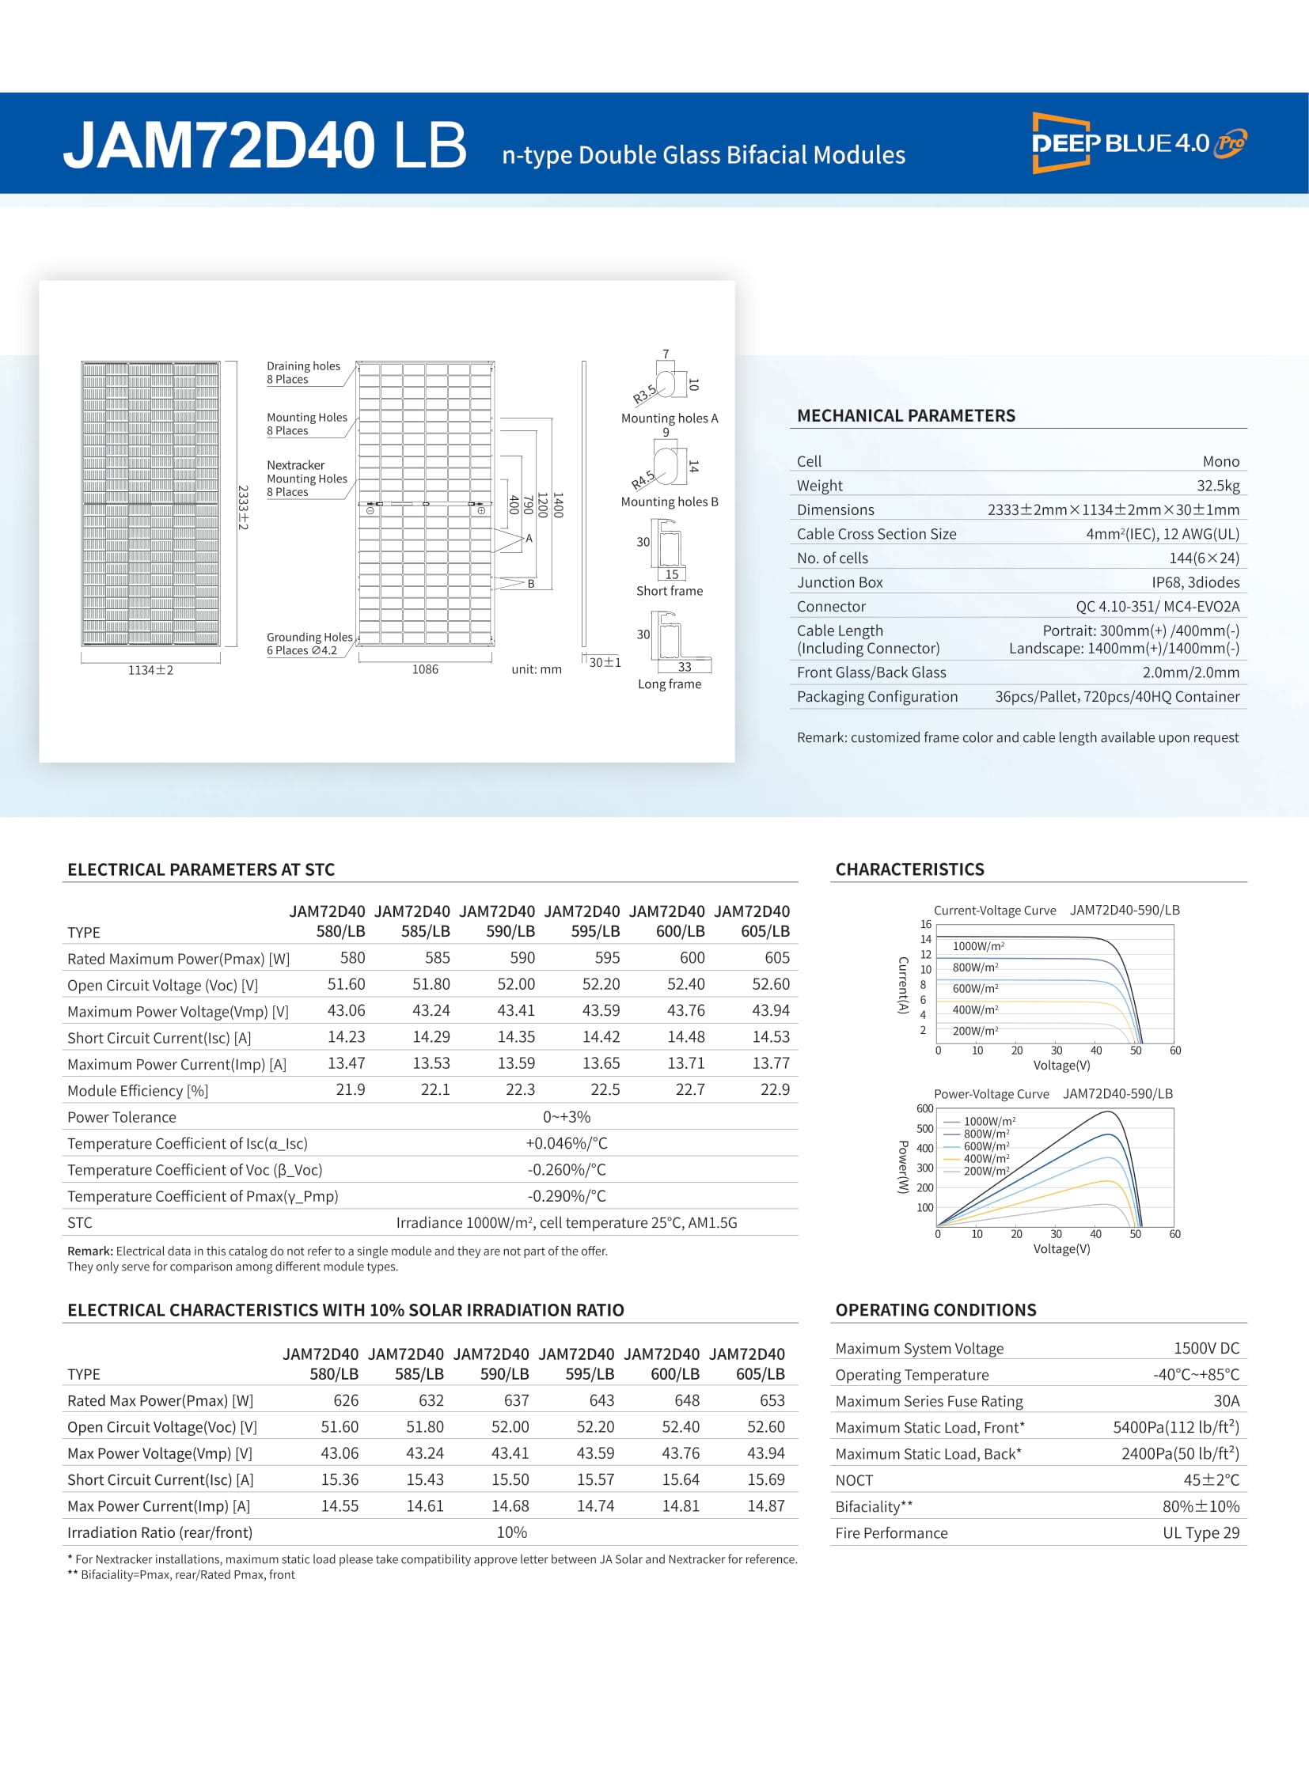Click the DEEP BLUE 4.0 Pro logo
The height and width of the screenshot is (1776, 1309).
point(1138,142)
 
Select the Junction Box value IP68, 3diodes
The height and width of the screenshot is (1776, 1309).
point(1195,582)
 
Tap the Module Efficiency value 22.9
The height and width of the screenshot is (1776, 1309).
point(774,1089)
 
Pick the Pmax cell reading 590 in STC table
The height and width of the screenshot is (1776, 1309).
point(522,958)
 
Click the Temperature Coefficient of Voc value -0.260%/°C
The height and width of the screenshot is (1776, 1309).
point(566,1169)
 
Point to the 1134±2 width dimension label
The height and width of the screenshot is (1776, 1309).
point(150,670)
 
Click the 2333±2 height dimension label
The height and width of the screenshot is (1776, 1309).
point(243,507)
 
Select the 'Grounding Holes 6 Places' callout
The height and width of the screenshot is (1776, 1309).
point(309,643)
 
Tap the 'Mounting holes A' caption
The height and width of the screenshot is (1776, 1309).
point(669,418)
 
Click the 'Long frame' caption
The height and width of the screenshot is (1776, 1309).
point(669,684)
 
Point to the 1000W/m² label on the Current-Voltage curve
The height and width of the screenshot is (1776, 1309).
point(977,946)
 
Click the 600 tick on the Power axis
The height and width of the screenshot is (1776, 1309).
point(924,1108)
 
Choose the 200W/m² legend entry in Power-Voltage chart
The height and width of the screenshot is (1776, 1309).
point(986,1171)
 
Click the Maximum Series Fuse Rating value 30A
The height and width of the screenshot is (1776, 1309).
point(1226,1400)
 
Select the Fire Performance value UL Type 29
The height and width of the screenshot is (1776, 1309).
point(1201,1533)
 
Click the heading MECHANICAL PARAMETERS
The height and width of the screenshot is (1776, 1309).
point(905,416)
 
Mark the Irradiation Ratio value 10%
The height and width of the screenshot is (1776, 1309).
point(511,1532)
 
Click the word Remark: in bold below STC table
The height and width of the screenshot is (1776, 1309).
point(89,1251)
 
